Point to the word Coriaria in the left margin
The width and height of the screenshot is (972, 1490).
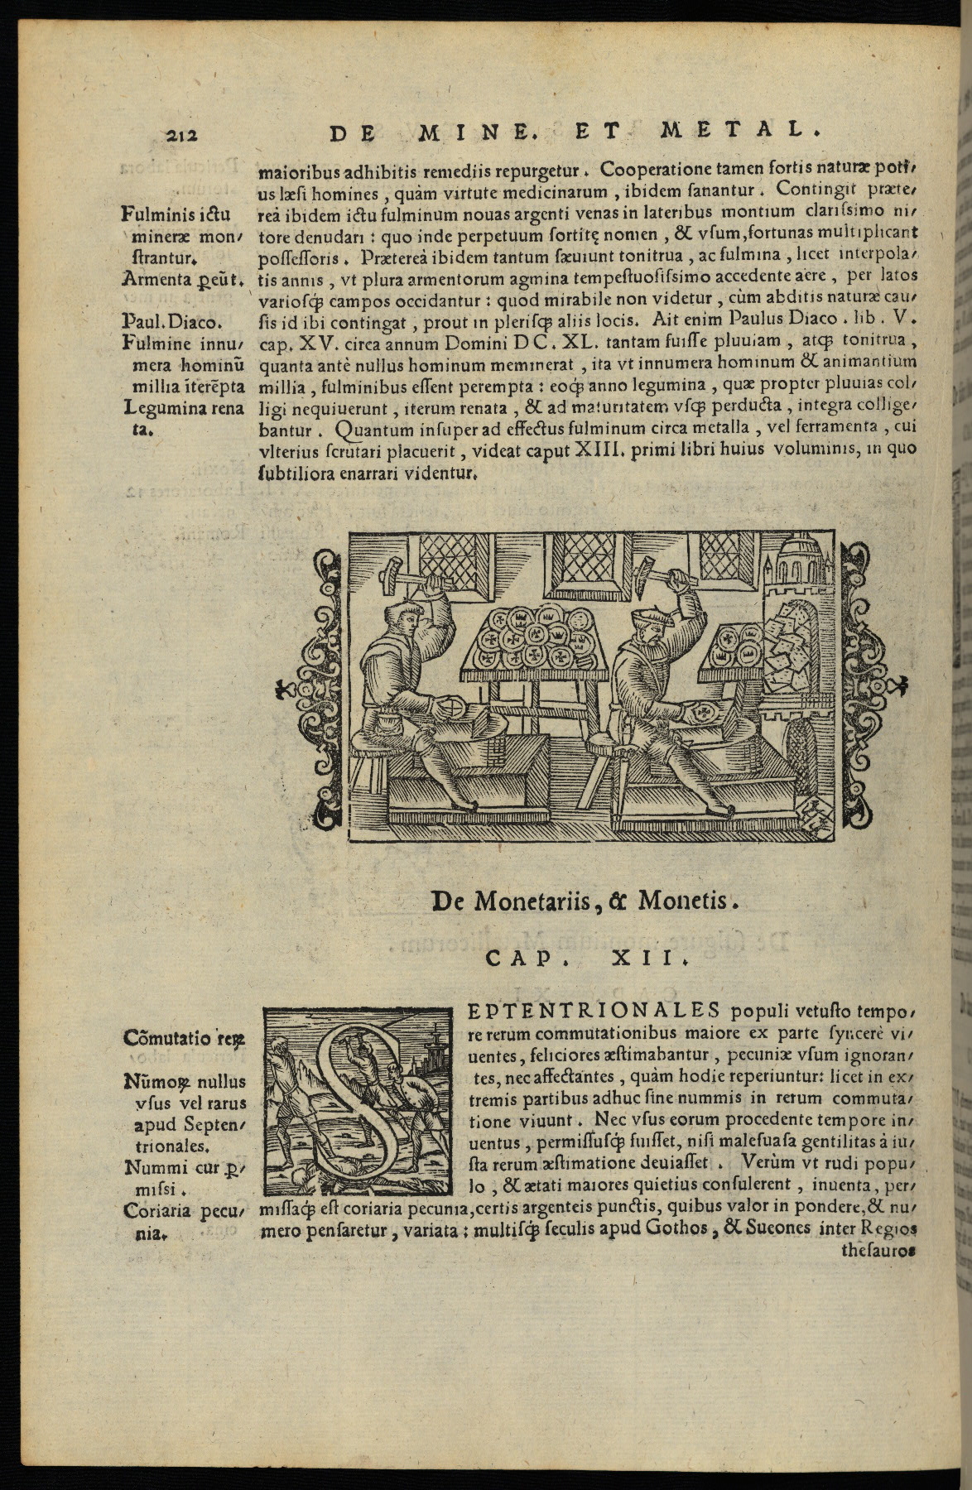pyautogui.click(x=156, y=1211)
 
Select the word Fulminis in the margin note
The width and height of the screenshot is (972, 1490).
pyautogui.click(x=153, y=218)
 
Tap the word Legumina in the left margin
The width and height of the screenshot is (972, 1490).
pyautogui.click(x=160, y=408)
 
